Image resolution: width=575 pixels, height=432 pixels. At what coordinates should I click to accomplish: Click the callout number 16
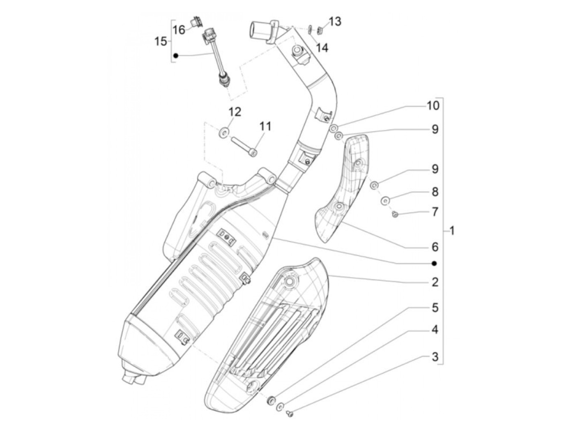point(179,30)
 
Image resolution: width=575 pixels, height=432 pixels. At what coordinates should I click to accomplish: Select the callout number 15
point(161,41)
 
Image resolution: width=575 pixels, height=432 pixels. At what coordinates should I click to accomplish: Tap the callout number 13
point(335,21)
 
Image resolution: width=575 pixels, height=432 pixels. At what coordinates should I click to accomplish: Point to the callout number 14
point(322,48)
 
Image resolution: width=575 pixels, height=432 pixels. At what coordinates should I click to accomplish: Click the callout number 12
point(235,112)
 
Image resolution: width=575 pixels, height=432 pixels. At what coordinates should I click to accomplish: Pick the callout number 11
point(265,126)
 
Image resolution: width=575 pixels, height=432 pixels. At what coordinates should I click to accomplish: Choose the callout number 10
point(432,106)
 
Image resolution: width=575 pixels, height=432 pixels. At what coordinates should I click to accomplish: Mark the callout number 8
point(435,192)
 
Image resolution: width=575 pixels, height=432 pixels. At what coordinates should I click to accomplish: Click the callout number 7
point(435,212)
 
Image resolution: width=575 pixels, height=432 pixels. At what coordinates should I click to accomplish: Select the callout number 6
point(435,247)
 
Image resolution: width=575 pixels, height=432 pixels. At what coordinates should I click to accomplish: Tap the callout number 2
point(435,282)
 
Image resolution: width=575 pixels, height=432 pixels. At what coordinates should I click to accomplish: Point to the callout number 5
point(435,308)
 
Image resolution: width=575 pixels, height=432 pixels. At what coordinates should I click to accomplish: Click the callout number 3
point(435,357)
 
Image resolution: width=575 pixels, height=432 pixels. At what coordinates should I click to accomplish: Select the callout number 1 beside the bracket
point(452,231)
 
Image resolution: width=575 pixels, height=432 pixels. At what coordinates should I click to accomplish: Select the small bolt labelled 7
point(395,214)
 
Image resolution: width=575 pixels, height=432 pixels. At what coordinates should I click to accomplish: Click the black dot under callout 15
point(176,55)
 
